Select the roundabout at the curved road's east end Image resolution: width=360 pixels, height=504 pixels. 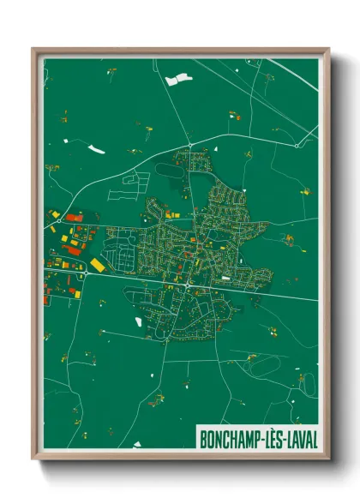click(297, 146)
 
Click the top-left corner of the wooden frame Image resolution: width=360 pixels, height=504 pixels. click(33, 50)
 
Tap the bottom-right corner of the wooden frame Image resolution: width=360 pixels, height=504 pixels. click(328, 459)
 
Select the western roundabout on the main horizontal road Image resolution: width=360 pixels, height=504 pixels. click(87, 273)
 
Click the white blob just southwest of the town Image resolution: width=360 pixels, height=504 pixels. click(137, 322)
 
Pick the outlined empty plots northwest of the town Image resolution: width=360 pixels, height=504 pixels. click(135, 180)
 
